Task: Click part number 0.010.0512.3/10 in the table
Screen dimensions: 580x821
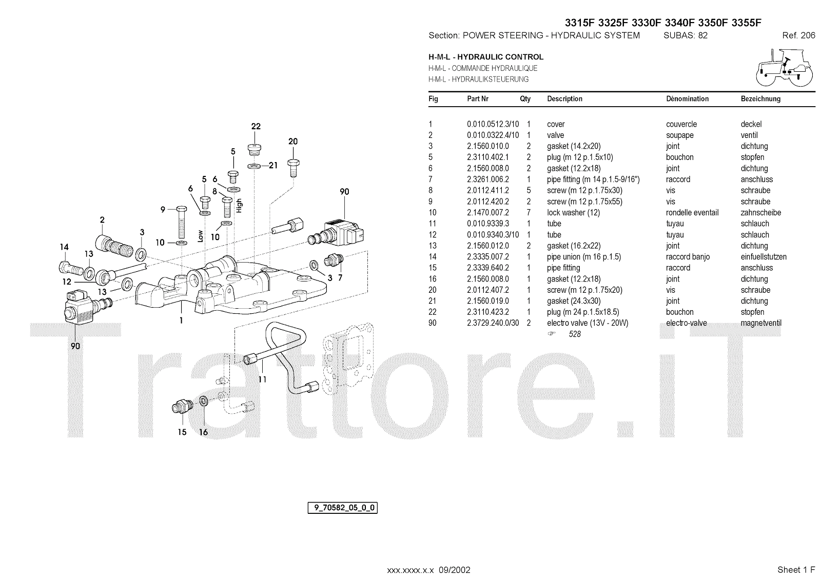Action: (493, 124)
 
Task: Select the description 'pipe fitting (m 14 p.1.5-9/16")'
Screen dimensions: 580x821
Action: (593, 179)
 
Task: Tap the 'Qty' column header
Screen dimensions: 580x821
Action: (525, 99)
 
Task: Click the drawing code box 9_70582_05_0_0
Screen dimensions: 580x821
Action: (342, 508)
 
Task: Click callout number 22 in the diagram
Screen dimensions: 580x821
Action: (256, 127)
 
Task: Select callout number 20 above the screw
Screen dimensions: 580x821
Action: (292, 142)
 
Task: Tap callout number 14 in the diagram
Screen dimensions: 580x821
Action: (64, 247)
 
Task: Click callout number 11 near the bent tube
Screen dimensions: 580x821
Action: (262, 379)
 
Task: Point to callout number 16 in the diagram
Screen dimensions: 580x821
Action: (204, 432)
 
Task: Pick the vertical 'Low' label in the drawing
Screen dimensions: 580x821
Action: (201, 236)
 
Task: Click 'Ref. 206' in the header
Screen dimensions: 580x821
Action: (798, 35)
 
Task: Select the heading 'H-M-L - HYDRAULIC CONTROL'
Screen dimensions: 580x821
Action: (485, 57)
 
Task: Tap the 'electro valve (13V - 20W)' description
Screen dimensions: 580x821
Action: (587, 323)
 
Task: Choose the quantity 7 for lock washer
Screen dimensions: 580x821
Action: (529, 213)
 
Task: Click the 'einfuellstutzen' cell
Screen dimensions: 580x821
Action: (764, 257)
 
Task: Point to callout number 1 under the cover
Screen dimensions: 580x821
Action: (181, 321)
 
